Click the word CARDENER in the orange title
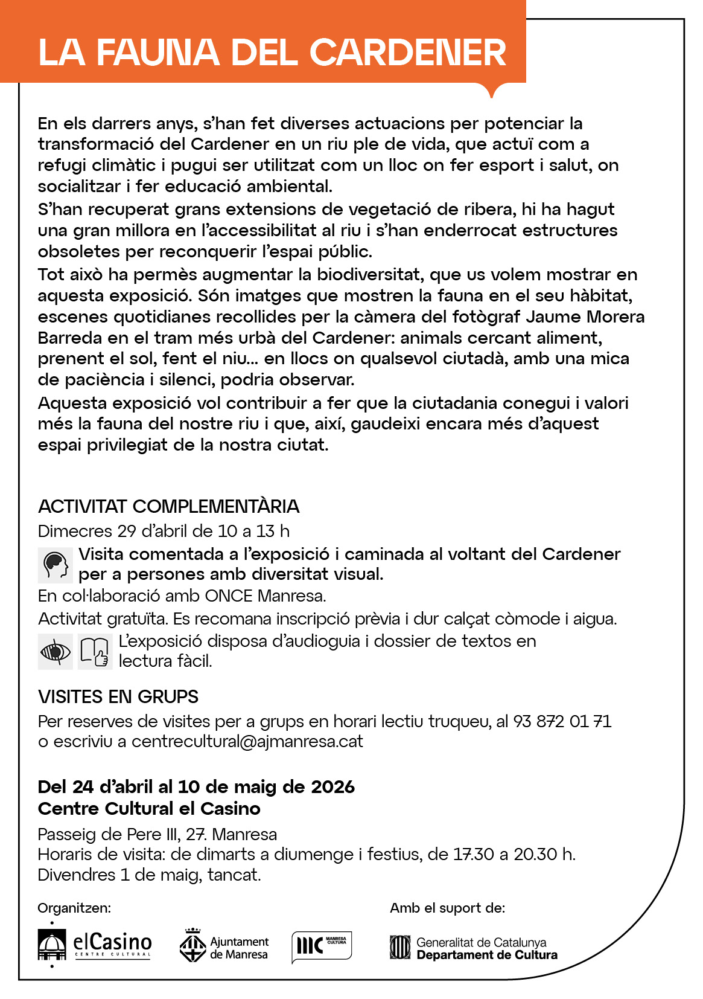[x=408, y=53]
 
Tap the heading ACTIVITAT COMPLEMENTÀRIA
[x=168, y=506]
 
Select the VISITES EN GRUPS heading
[x=118, y=697]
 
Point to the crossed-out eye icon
[x=55, y=652]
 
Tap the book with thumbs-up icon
[x=95, y=652]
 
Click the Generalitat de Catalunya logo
[x=474, y=948]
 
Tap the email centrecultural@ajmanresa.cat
[x=247, y=742]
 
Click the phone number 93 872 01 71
[x=562, y=721]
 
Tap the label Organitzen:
[x=74, y=908]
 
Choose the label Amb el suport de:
[x=447, y=908]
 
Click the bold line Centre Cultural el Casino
[x=149, y=809]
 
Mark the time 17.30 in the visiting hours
[x=473, y=855]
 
